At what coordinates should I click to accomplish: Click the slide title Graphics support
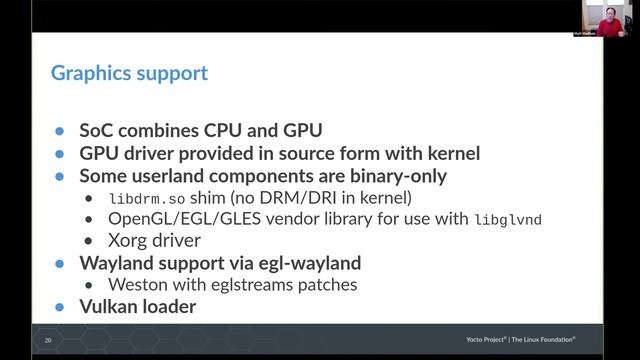[129, 73]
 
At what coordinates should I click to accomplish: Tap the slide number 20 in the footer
[48, 341]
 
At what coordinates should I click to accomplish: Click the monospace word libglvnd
[507, 219]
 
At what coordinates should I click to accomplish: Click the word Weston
[138, 285]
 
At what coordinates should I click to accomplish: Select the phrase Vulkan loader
[137, 307]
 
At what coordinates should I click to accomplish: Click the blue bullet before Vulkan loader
[60, 308]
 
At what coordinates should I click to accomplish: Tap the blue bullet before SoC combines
[60, 132]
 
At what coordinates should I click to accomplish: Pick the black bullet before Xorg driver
[92, 242]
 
